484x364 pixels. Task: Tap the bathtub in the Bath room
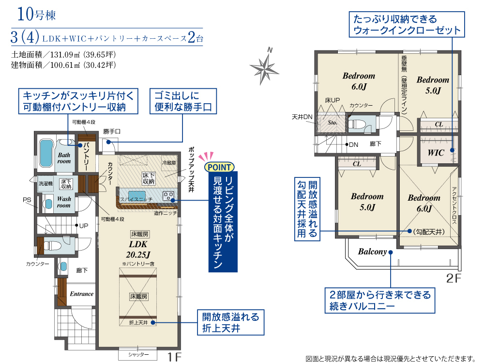pos(45,153)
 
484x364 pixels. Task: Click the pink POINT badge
pos(219,167)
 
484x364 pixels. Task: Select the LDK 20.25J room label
pos(138,249)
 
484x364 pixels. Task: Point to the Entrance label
pos(81,294)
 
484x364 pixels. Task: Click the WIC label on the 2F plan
pos(436,153)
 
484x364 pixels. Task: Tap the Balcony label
pos(372,252)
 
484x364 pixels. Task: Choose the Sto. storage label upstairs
pos(332,123)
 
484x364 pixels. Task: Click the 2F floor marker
pos(454,278)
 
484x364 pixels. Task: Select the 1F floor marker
pos(174,357)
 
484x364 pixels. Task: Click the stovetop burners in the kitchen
pos(168,196)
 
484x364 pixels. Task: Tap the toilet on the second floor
pos(357,124)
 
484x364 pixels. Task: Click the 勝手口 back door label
pos(112,131)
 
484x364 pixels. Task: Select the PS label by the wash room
pos(27,200)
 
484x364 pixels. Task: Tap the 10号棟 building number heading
pos(36,14)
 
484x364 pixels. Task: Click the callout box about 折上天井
pos(230,322)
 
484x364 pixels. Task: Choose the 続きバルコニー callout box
pos(379,301)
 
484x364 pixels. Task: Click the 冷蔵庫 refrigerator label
pos(169,162)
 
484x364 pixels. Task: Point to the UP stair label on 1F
pos(84,225)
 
